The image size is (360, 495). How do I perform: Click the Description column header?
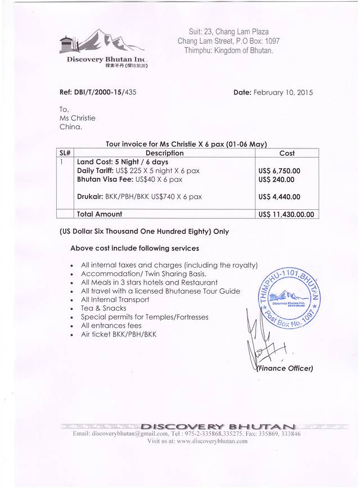click(164, 153)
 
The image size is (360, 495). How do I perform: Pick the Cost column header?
click(287, 153)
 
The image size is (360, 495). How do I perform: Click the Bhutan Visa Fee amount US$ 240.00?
click(276, 179)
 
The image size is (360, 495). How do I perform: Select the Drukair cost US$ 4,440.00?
click(280, 197)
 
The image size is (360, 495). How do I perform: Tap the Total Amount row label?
click(100, 214)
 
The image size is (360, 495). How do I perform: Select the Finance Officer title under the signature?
click(285, 368)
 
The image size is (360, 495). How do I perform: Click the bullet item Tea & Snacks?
click(105, 308)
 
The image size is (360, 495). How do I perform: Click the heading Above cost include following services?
click(134, 248)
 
